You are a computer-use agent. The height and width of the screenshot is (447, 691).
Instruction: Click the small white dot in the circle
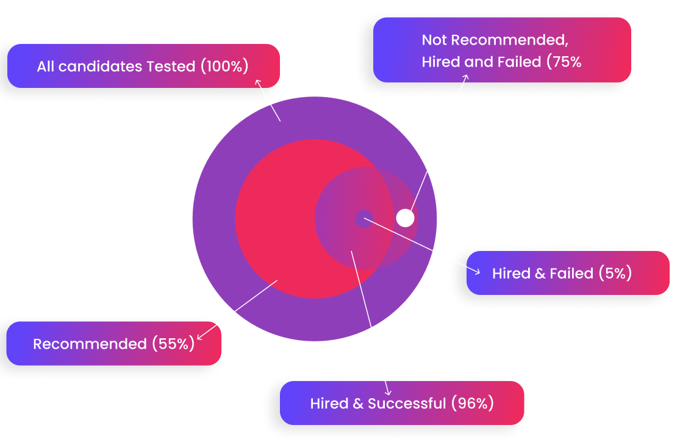point(405,217)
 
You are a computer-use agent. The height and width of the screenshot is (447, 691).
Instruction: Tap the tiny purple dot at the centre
point(364,219)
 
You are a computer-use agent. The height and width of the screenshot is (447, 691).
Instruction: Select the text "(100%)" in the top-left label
point(224,66)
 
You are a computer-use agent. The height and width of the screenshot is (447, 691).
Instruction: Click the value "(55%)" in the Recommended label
point(173,344)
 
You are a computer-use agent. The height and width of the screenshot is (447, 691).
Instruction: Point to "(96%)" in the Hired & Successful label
point(472,403)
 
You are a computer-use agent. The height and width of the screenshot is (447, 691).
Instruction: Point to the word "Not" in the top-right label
point(434,40)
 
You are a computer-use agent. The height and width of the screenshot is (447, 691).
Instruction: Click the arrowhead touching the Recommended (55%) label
point(199,336)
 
